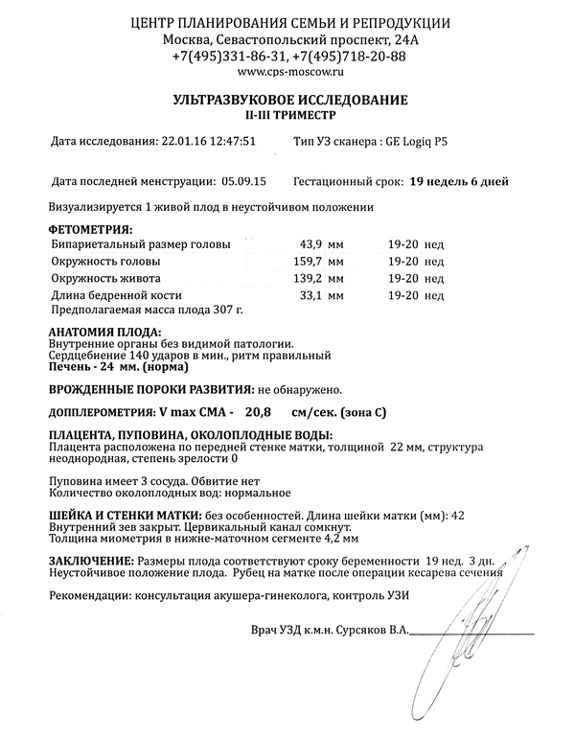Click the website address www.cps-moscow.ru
pyautogui.click(x=287, y=72)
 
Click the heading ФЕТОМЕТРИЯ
pyautogui.click(x=91, y=230)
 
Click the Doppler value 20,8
pyautogui.click(x=258, y=411)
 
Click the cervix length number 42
pyautogui.click(x=457, y=516)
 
